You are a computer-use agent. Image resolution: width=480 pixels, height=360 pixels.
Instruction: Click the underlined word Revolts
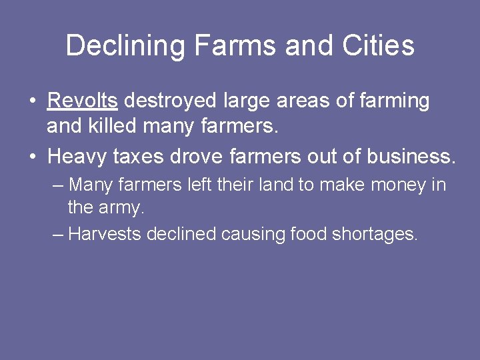(x=83, y=101)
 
